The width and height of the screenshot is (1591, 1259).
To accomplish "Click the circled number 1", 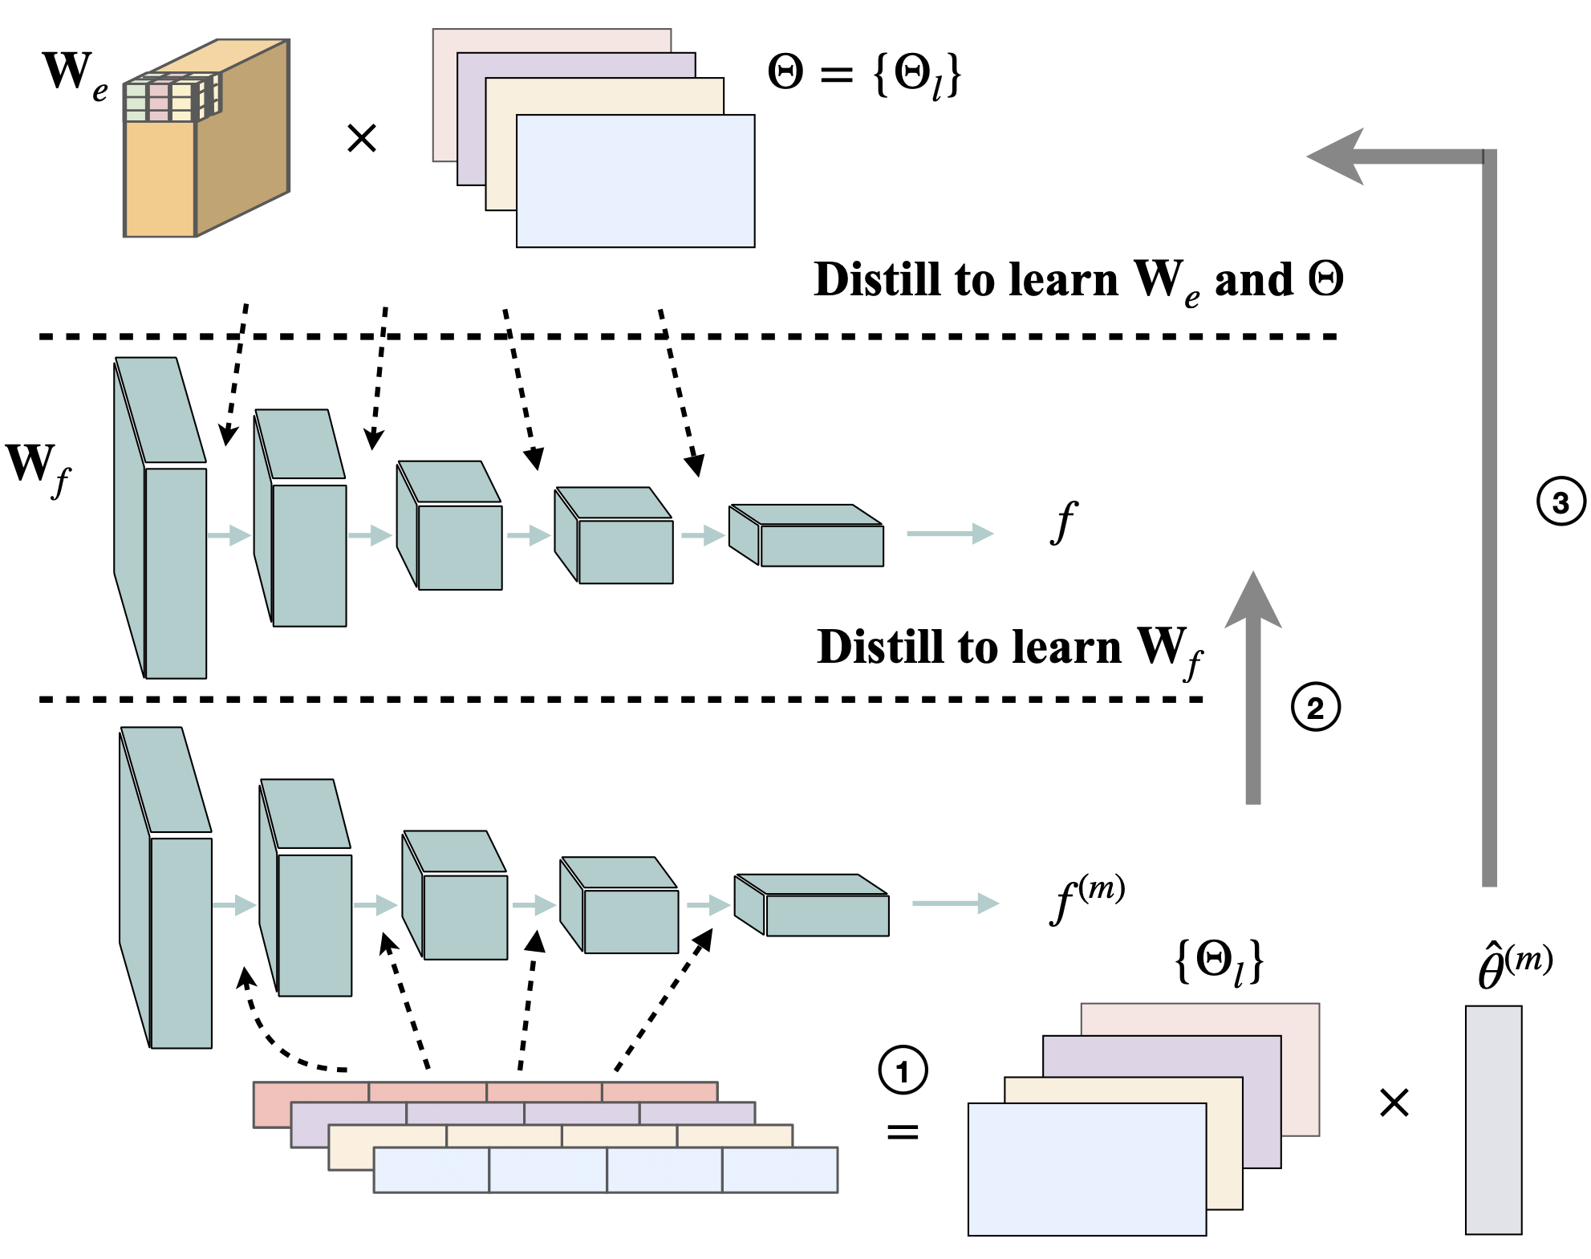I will [x=903, y=1070].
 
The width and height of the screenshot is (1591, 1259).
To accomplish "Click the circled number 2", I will [x=1315, y=708].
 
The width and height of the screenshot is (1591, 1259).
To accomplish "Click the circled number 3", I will [x=1561, y=502].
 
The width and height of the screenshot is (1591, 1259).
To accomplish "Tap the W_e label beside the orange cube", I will [x=74, y=75].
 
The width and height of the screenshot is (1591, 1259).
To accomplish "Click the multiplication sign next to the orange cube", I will [x=361, y=139].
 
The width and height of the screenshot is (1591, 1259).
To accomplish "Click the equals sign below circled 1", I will [x=903, y=1131].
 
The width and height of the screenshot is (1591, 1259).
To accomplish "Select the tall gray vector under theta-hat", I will [x=1492, y=1119].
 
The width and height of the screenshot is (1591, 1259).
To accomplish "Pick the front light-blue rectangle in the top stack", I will [x=635, y=181].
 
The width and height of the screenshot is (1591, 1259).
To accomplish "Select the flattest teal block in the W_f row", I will [x=806, y=536].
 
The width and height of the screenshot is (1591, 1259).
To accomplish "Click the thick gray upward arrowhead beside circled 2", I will [x=1252, y=602].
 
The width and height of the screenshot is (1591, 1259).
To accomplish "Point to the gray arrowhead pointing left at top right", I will [x=1336, y=156].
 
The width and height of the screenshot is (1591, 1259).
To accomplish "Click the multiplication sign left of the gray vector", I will [x=1394, y=1103].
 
